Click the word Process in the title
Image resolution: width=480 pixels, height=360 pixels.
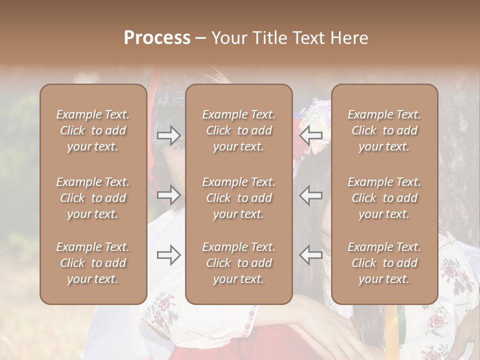157,38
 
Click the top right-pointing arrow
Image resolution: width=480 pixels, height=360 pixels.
169,134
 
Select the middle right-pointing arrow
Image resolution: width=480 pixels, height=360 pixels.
169,194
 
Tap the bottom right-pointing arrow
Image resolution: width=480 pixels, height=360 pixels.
169,255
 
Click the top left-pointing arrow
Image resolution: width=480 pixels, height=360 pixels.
311,134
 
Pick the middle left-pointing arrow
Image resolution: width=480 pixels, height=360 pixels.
311,194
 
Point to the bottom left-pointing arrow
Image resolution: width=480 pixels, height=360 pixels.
311,255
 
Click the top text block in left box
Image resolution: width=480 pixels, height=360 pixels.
93,130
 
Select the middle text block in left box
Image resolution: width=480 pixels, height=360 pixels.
93,198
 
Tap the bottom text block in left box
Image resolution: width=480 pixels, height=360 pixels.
93,263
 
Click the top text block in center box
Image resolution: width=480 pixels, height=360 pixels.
239,130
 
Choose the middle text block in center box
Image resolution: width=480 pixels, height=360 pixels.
239,198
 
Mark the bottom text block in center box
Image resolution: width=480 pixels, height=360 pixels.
239,263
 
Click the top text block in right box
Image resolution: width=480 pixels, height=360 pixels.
384,130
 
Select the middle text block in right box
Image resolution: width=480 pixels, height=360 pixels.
384,198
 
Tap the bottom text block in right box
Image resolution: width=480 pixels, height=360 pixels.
384,263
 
